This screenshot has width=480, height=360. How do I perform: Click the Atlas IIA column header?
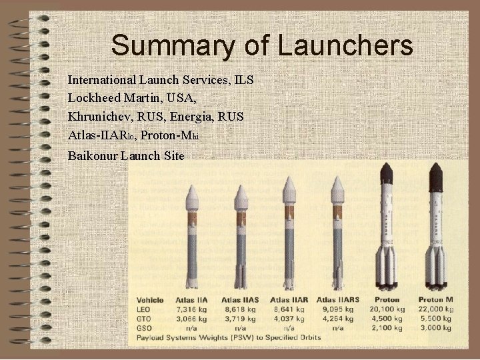pyautogui.click(x=191, y=299)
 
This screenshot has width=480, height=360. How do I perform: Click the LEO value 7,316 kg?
pyautogui.click(x=191, y=309)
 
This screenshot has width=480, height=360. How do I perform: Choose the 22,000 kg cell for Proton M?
pyautogui.click(x=436, y=309)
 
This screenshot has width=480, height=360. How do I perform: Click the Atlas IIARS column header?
pyautogui.click(x=339, y=299)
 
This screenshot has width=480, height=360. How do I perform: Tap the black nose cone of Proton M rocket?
pyautogui.click(x=436, y=175)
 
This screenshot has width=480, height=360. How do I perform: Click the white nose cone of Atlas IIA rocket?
pyautogui.click(x=192, y=193)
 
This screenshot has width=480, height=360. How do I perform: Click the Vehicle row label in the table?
pyautogui.click(x=151, y=299)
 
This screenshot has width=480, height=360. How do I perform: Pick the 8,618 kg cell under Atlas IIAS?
pyautogui.click(x=239, y=309)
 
